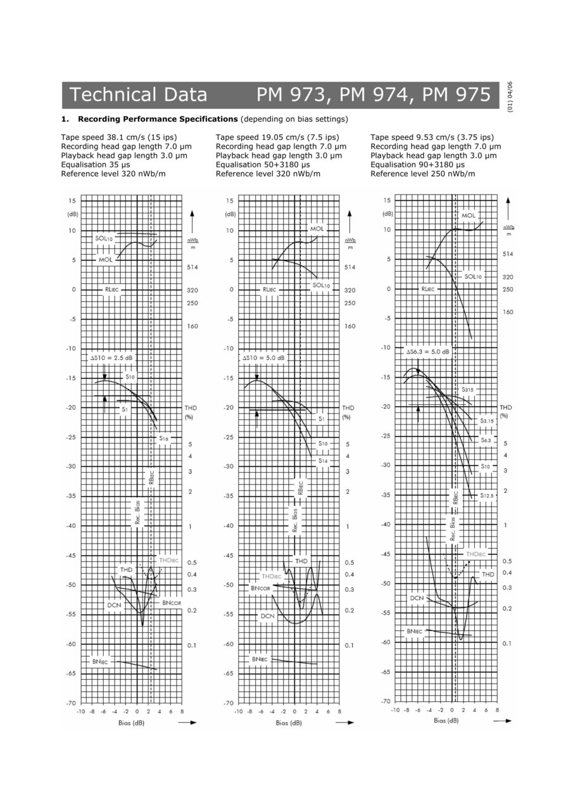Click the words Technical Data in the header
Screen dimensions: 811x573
pyautogui.click(x=139, y=95)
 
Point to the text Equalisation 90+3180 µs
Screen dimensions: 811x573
pyautogui.click(x=422, y=165)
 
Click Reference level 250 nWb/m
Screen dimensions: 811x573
pyautogui.click(x=423, y=174)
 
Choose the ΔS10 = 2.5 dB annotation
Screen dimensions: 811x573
pyautogui.click(x=111, y=357)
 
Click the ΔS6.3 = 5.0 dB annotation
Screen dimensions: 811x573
pyautogui.click(x=427, y=351)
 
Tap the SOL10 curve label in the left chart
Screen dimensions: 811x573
pyautogui.click(x=104, y=238)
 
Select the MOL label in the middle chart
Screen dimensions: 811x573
pyautogui.click(x=317, y=228)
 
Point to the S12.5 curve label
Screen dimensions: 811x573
pyautogui.click(x=486, y=495)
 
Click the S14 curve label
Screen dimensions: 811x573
pyautogui.click(x=323, y=460)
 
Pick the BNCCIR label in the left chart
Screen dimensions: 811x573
pyautogui.click(x=172, y=603)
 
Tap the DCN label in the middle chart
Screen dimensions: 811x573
pyautogui.click(x=268, y=615)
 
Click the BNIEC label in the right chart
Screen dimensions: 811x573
pyautogui.click(x=415, y=631)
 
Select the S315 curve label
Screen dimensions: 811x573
pyautogui.click(x=467, y=390)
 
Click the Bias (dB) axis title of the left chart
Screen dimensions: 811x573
pyautogui.click(x=131, y=722)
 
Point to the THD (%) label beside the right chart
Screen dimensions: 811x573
pyautogui.click(x=505, y=411)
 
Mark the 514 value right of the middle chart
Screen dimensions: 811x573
pyautogui.click(x=349, y=267)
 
